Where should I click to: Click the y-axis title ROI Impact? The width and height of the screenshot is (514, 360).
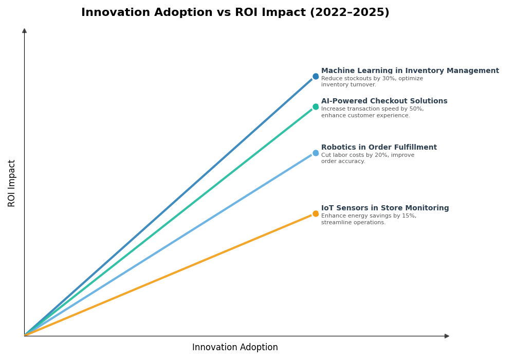click(12, 183)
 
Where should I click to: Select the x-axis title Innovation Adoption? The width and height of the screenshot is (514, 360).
click(235, 348)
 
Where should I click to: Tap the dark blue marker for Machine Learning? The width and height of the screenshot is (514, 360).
click(316, 77)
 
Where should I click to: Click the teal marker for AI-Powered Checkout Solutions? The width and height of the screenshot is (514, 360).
click(316, 107)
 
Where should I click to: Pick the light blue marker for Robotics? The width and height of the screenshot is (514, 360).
click(316, 153)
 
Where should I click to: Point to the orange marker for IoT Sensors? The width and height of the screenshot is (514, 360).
click(316, 214)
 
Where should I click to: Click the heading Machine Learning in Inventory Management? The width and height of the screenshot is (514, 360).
click(410, 71)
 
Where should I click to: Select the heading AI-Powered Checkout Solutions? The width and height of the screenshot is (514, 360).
click(384, 101)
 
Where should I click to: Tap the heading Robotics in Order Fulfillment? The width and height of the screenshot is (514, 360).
click(379, 148)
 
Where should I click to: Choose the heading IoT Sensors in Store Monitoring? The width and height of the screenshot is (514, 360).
click(385, 208)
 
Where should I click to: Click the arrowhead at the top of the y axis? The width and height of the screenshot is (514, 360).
click(24, 31)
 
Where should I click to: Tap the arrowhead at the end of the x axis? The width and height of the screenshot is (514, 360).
click(447, 336)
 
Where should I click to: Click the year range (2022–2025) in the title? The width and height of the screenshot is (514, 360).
click(349, 13)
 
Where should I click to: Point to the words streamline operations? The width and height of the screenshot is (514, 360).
click(353, 223)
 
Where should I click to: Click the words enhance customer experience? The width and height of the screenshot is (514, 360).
click(365, 116)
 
